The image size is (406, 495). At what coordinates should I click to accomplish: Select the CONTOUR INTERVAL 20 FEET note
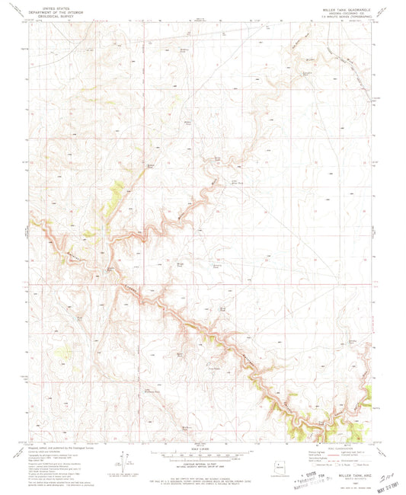pos(203,456)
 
